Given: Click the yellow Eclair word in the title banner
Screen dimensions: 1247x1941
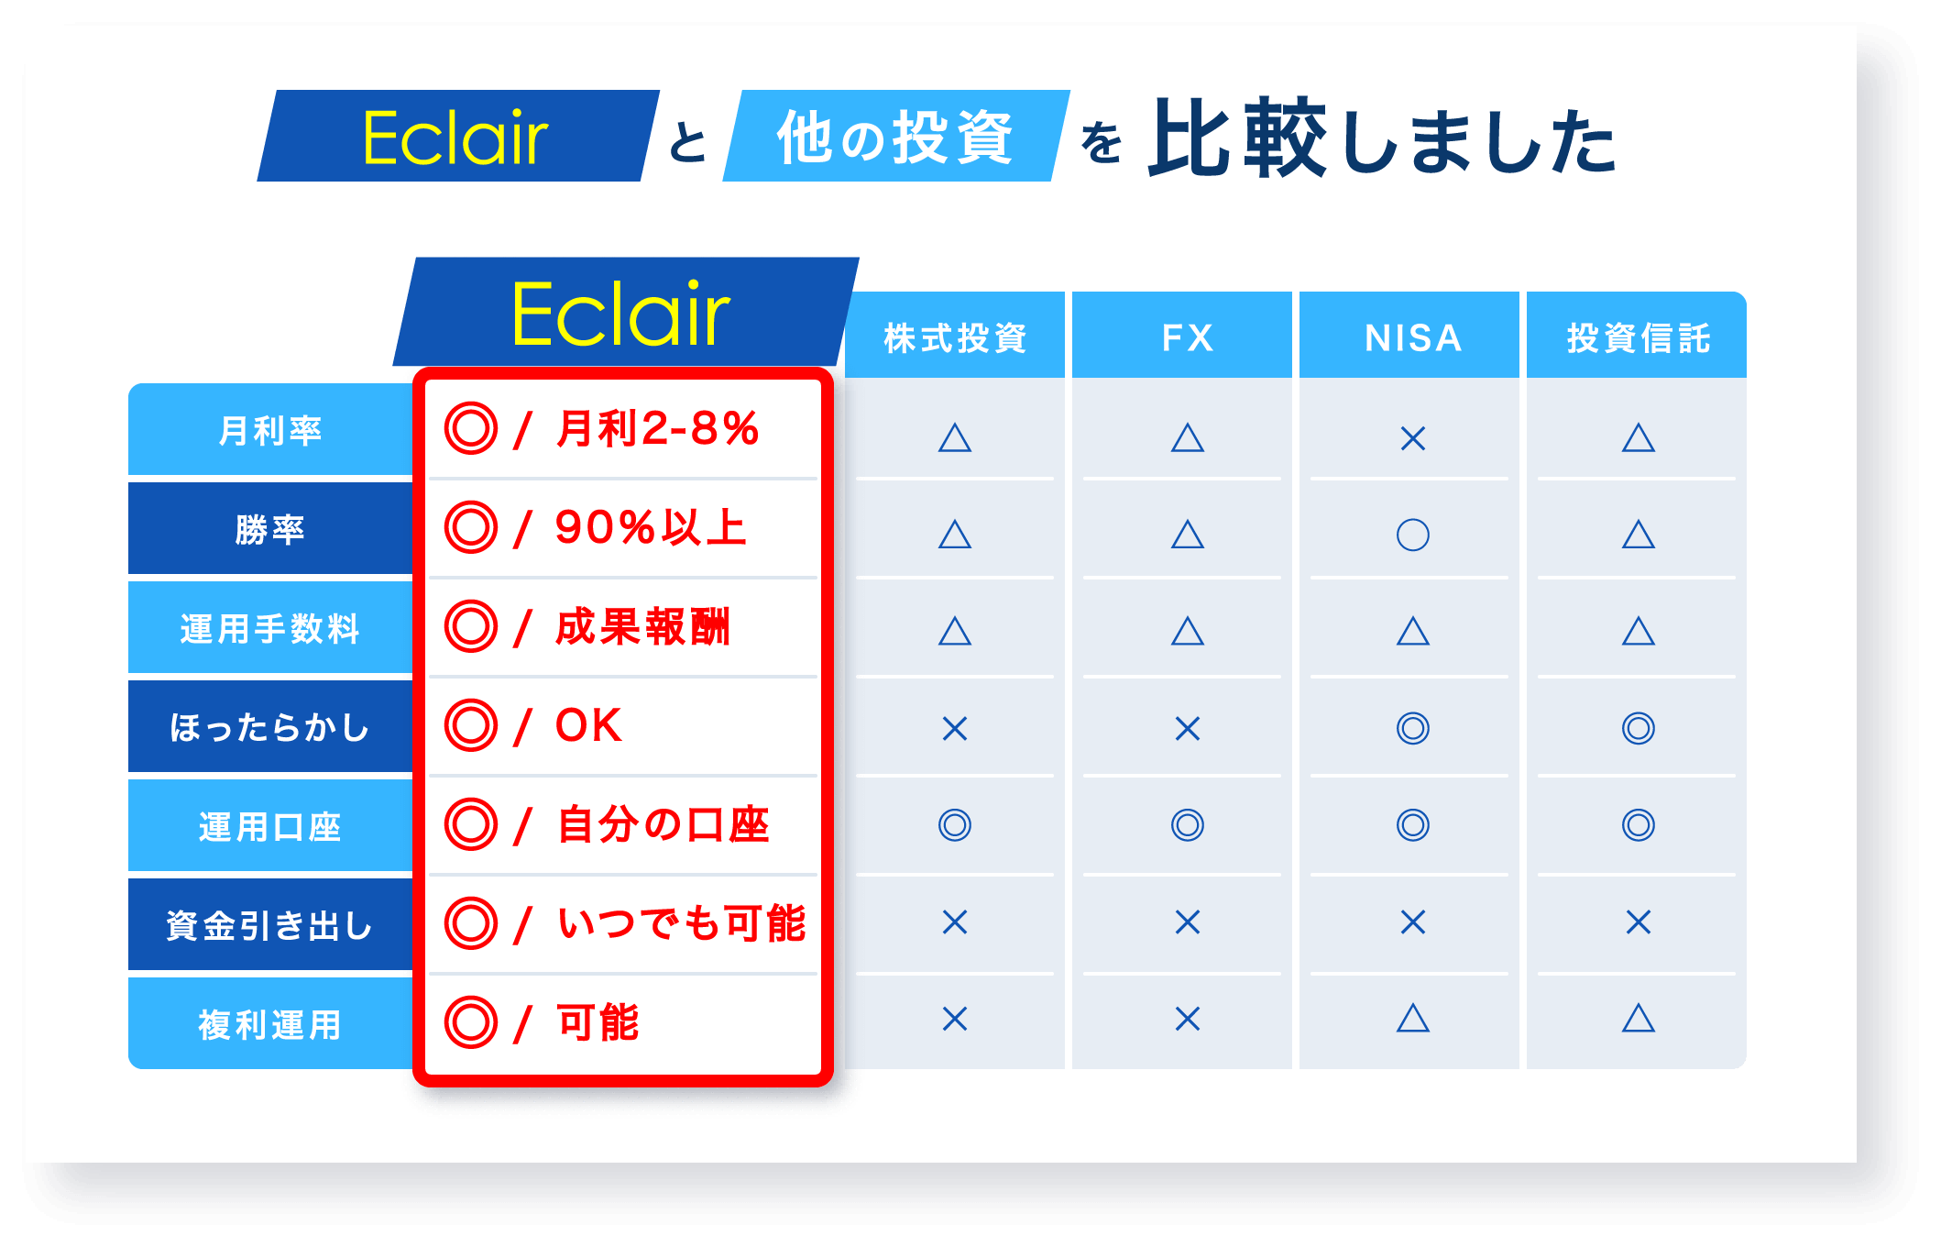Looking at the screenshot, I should [455, 138].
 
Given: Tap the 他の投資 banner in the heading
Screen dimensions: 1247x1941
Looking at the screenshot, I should [894, 138].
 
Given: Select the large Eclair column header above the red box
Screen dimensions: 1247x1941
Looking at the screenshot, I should [620, 315].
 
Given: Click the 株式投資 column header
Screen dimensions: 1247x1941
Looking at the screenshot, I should [955, 337].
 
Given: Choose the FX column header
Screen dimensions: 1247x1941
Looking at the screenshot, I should [1187, 337].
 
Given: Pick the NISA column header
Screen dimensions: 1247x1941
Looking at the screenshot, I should [1412, 337].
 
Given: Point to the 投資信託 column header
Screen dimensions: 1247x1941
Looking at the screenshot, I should [1638, 337].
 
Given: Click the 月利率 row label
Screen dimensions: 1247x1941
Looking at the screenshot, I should [270, 430].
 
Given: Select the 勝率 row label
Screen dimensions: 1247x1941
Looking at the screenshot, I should [270, 529].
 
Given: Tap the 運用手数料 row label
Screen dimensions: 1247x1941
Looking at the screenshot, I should [270, 629].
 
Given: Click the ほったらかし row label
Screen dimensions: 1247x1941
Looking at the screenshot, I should [270, 728].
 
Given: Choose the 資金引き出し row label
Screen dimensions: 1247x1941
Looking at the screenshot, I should [270, 926].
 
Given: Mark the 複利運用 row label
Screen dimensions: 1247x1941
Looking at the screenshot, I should [270, 1024].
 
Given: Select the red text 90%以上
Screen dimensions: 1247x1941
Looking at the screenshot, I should [651, 527].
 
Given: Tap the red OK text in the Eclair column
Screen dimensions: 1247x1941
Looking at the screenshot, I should [588, 725].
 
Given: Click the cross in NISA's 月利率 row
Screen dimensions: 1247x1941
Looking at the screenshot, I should [1412, 439].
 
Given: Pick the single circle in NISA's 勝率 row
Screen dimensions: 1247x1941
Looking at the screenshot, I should [1412, 535].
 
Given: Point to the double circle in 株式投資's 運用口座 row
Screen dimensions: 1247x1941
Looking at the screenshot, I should [955, 825].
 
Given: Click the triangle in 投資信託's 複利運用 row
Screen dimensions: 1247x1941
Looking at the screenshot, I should [1638, 1019].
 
